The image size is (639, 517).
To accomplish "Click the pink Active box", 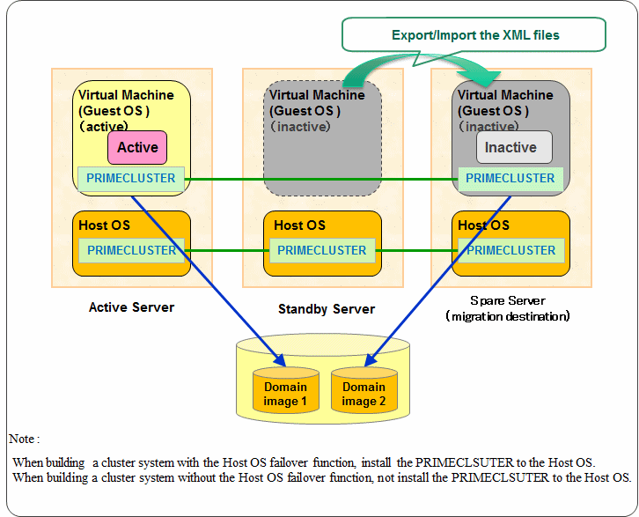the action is tap(137, 147).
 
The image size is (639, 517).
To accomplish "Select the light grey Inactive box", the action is tap(514, 147).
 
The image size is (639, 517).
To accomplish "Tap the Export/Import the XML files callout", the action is tap(474, 35).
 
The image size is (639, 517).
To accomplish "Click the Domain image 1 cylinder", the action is tap(286, 389).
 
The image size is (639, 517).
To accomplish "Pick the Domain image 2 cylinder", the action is tap(364, 389).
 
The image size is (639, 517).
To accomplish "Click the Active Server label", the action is tap(132, 307).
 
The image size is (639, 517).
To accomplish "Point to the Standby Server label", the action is tap(327, 309).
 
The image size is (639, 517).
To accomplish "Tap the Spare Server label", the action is tap(507, 301).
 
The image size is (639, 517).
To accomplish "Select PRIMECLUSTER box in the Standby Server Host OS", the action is tap(322, 250).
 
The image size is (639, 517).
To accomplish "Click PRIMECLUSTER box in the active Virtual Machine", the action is tap(131, 179).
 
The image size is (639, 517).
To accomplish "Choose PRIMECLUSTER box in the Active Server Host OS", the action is tap(131, 250).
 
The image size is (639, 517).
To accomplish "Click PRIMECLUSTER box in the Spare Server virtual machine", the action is tap(510, 179).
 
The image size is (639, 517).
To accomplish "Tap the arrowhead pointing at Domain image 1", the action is tap(281, 360).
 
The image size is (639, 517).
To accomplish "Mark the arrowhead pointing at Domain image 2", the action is tap(369, 360).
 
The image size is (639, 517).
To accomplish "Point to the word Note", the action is tap(22, 439).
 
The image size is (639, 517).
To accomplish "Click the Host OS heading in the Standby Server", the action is tap(299, 225).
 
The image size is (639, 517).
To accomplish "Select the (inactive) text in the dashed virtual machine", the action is tap(300, 127).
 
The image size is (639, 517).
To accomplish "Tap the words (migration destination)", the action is tap(507, 316).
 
